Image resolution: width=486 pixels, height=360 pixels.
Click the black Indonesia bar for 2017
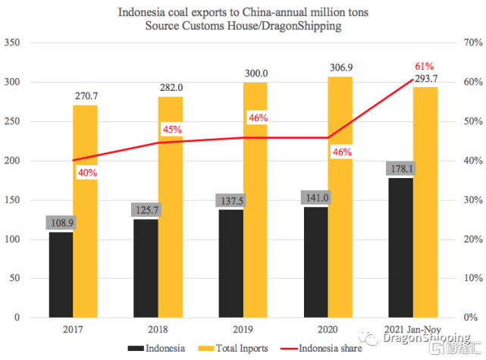[61, 274]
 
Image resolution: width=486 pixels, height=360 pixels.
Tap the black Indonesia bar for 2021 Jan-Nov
[401, 247]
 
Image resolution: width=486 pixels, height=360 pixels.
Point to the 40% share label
[87, 173]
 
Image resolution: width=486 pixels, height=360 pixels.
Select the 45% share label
[172, 130]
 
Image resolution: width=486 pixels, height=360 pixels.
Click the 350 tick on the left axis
[14, 42]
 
